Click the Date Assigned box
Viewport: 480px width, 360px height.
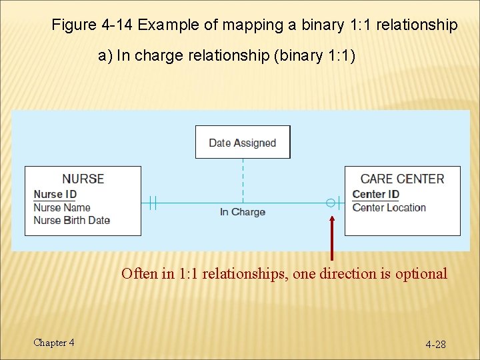[243, 142]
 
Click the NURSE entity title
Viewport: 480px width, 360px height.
[83, 179]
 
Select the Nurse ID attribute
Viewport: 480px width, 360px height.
[55, 194]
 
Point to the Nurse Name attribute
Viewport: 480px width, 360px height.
[62, 207]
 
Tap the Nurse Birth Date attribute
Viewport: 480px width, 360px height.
[72, 220]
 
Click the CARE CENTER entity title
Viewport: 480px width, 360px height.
[402, 179]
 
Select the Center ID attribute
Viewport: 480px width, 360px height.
[375, 194]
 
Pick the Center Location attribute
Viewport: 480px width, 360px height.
[389, 207]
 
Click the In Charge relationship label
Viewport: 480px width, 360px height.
[243, 212]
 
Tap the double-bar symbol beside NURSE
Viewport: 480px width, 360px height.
[153, 202]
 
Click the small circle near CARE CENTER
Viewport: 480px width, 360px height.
[330, 202]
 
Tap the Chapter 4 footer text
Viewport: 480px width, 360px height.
[54, 343]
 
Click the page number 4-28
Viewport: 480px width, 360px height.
[436, 344]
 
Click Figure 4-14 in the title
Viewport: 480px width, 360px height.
[92, 25]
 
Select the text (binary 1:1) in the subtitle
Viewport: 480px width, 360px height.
[315, 55]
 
